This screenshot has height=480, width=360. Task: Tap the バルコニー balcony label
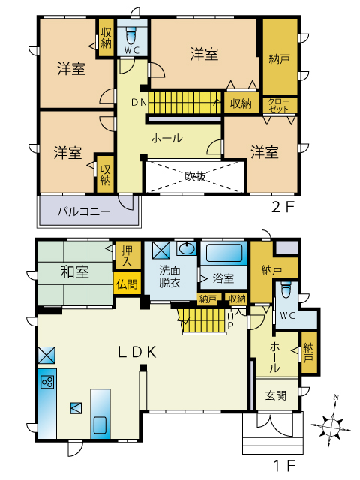(85, 211)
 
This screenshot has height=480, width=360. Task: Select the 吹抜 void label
(195, 175)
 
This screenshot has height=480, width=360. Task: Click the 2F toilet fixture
(132, 36)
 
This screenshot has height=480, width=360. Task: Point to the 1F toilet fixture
(286, 289)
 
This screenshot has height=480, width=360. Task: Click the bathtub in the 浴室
(224, 253)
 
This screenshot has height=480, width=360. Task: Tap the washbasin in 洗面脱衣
(187, 248)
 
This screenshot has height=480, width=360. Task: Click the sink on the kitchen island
(100, 425)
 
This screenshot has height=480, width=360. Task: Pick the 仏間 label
(127, 284)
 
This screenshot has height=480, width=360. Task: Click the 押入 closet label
(127, 255)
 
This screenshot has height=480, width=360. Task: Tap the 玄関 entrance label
(276, 395)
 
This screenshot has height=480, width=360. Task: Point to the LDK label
(137, 352)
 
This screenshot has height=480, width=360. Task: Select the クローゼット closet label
(279, 105)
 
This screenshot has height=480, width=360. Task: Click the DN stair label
(139, 103)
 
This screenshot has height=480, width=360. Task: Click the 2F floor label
(283, 208)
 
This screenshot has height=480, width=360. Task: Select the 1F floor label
(285, 466)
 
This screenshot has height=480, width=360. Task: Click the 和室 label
(75, 272)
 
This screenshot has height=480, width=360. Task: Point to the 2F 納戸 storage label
(280, 58)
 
